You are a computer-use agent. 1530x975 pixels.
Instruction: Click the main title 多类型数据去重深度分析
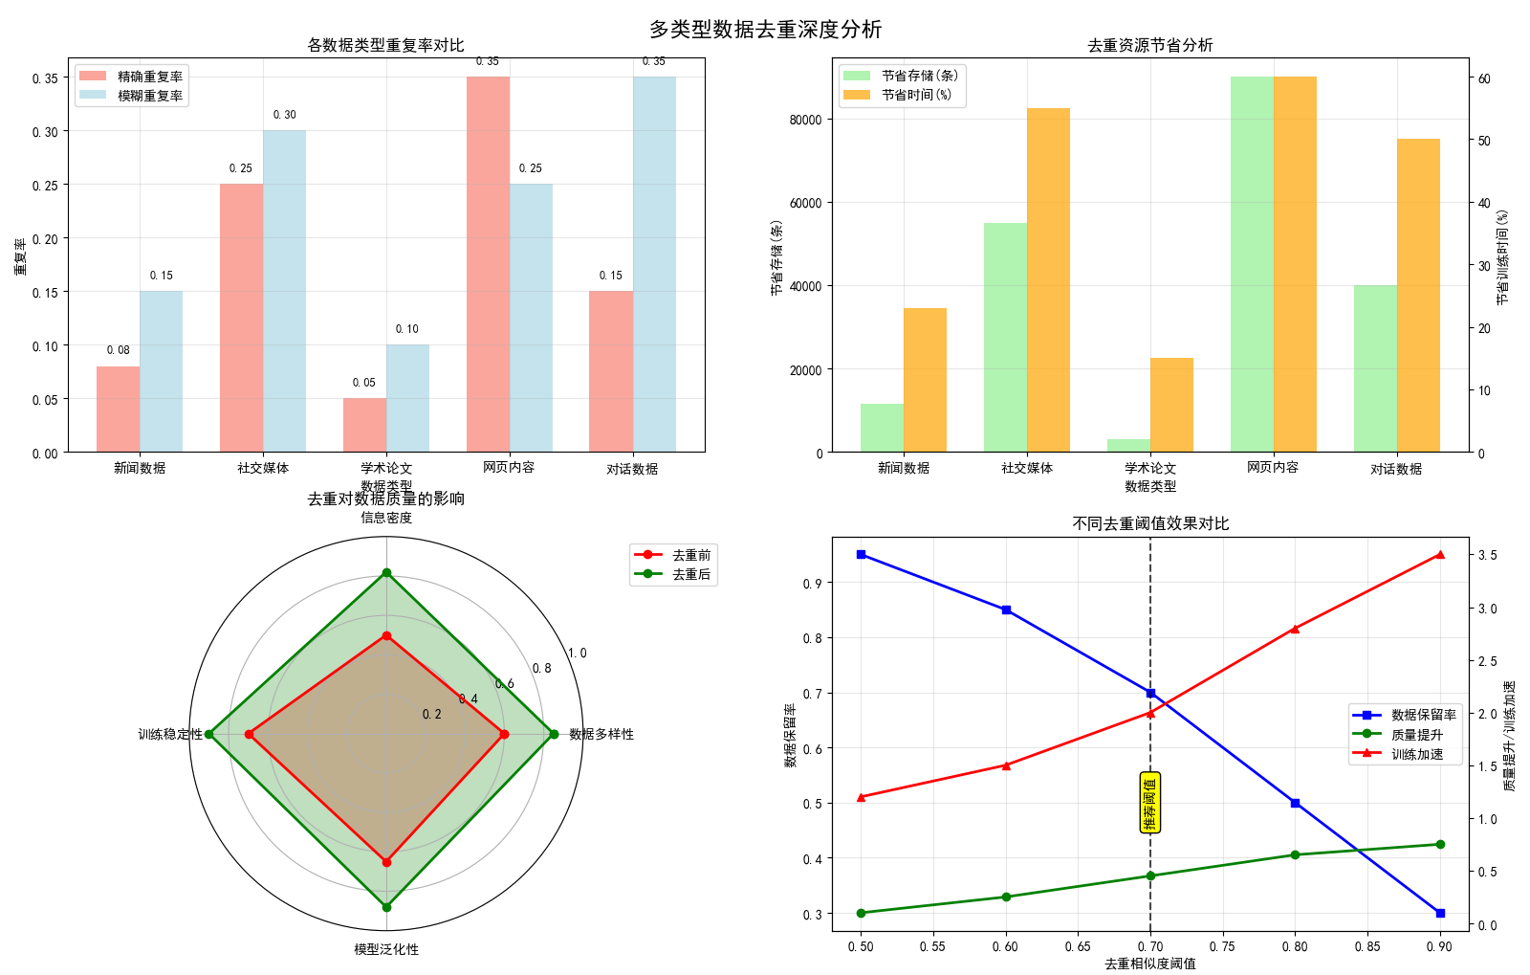(765, 30)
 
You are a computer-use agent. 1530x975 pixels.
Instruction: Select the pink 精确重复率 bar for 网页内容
(488, 264)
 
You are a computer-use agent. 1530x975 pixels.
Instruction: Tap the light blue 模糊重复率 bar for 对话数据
(654, 264)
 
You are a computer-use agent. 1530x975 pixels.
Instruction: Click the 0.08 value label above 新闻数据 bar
(118, 350)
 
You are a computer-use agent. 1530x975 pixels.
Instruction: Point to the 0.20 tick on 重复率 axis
(45, 239)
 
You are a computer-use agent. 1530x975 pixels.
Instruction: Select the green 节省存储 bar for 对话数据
(1375, 368)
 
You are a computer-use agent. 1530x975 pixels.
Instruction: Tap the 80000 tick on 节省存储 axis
(805, 121)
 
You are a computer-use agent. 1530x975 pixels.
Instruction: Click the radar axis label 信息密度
(386, 518)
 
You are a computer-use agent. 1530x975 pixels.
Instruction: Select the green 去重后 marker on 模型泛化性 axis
(386, 907)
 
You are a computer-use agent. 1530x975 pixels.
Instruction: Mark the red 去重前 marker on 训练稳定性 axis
(250, 734)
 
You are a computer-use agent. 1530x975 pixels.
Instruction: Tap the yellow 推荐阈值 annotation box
(1149, 802)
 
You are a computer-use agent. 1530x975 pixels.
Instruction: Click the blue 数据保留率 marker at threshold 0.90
(1440, 913)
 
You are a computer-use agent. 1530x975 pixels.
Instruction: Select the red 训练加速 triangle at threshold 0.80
(1295, 629)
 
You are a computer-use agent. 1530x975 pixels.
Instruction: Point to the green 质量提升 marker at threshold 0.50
(861, 913)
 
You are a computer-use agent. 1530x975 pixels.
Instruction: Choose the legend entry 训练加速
(1416, 754)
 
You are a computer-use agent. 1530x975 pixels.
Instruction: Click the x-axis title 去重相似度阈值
(1149, 964)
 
